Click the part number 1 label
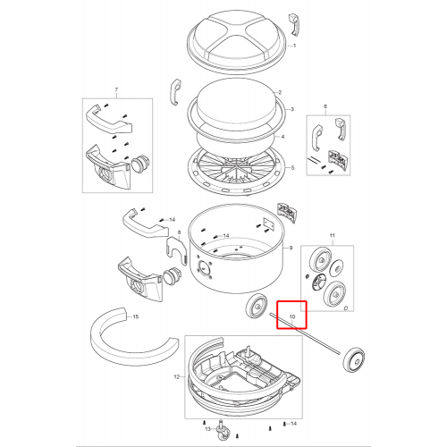pos(295,46)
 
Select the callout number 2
pos(280,92)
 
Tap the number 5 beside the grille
pos(292,168)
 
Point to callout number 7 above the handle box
pos(116,89)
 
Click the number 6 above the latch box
pos(325,106)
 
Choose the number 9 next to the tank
pos(291,248)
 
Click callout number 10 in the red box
pos(292,316)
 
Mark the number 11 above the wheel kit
pos(333,235)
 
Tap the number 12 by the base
pos(177,377)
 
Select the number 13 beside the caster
pos(208,429)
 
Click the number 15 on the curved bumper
pos(136,316)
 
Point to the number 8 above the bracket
pos(179,232)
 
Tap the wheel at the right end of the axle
pos(354,359)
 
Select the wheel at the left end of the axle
pos(257,306)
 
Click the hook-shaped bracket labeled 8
pos(176,249)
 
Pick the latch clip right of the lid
pos(294,25)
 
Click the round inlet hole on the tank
pos(204,267)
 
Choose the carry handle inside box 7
pos(109,119)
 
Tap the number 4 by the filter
pos(283,137)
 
